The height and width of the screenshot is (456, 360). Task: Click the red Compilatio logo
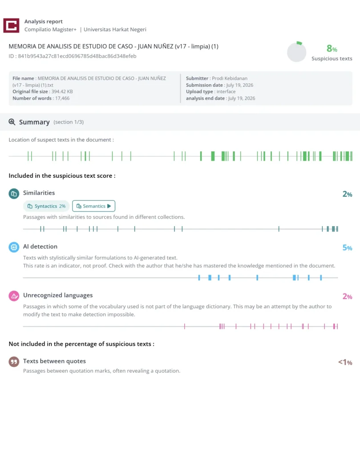pyautogui.click(x=11, y=25)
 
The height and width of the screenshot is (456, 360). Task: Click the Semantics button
pyautogui.click(x=93, y=206)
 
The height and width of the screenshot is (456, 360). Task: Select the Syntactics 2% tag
pyautogui.click(x=46, y=206)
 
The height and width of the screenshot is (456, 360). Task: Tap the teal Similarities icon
pyautogui.click(x=14, y=194)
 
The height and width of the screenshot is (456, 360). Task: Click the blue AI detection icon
pyautogui.click(x=14, y=247)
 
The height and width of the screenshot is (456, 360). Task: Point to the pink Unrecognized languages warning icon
pyautogui.click(x=14, y=296)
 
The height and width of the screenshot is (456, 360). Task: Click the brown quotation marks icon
pyautogui.click(x=14, y=362)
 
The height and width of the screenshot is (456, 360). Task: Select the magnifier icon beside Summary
pyautogui.click(x=12, y=122)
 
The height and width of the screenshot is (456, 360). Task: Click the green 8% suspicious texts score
pyautogui.click(x=332, y=48)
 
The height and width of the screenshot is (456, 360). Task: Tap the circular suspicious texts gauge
pyautogui.click(x=297, y=52)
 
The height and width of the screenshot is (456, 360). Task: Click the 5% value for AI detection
pyautogui.click(x=347, y=248)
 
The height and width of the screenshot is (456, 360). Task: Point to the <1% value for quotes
pyautogui.click(x=345, y=362)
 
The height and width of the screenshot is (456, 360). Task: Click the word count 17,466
pyautogui.click(x=61, y=98)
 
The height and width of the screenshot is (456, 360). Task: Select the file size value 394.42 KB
pyautogui.click(x=62, y=92)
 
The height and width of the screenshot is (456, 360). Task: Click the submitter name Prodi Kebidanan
pyautogui.click(x=230, y=78)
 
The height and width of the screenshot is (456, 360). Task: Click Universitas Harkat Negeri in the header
pyautogui.click(x=115, y=29)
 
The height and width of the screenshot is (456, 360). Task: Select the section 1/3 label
pyautogui.click(x=69, y=122)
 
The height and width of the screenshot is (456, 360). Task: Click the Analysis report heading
pyautogui.click(x=43, y=21)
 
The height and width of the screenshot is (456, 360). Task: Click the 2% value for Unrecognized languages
pyautogui.click(x=347, y=297)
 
